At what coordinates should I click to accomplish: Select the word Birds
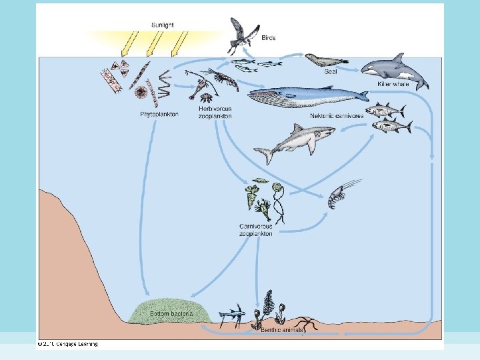[269, 39]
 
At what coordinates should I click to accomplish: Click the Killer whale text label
[393, 85]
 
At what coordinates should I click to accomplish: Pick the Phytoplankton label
[159, 115]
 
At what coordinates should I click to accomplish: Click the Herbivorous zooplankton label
[215, 112]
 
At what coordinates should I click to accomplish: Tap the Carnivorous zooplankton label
[256, 230]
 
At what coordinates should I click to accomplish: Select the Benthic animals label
[281, 329]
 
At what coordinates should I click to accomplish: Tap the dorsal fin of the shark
[295, 127]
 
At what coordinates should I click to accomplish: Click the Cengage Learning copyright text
[68, 344]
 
